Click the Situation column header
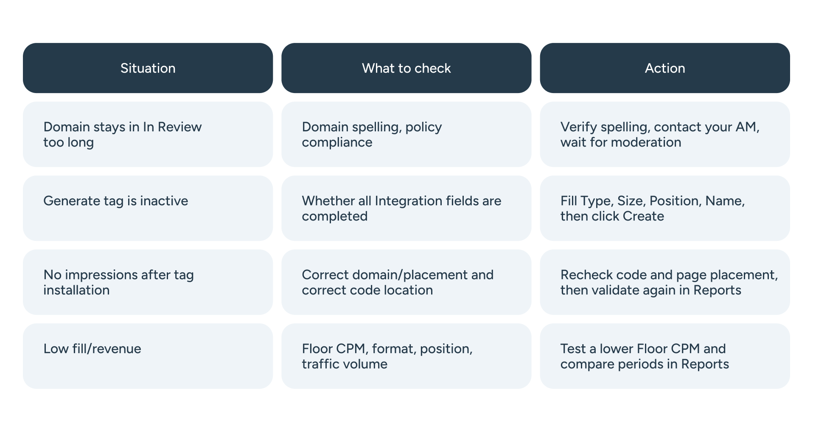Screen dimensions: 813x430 (x=148, y=68)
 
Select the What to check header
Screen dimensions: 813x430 (x=406, y=68)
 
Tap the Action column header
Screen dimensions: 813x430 (x=664, y=68)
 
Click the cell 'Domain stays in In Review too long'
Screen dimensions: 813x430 (x=148, y=134)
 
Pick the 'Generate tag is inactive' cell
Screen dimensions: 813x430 (x=148, y=208)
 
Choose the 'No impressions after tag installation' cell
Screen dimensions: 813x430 (x=148, y=282)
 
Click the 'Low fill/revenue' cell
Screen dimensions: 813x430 (x=148, y=356)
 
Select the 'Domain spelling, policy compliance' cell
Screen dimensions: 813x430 (x=406, y=134)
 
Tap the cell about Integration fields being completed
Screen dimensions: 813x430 (x=406, y=208)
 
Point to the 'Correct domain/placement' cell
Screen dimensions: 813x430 (x=406, y=282)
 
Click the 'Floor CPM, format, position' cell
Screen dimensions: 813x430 (x=406, y=356)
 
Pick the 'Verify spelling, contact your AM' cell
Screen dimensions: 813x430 (x=664, y=134)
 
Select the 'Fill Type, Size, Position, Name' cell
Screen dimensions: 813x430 (x=664, y=208)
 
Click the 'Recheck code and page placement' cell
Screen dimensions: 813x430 (x=664, y=282)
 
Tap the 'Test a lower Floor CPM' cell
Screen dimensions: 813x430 (x=664, y=356)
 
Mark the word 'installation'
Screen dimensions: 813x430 (x=76, y=290)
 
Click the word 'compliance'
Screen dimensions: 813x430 (x=337, y=143)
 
